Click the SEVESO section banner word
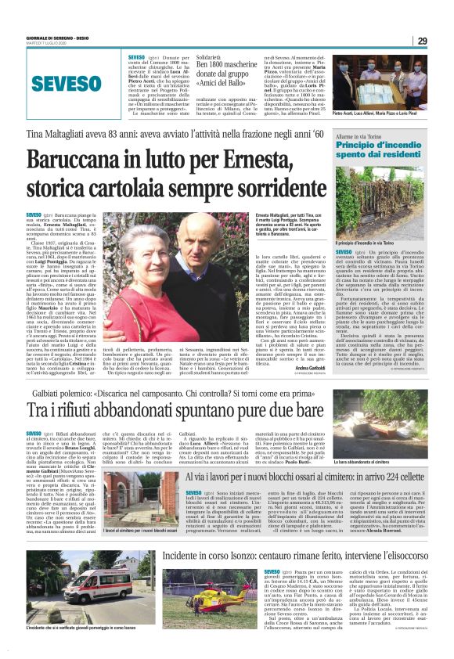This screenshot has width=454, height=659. tap(68, 84)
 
